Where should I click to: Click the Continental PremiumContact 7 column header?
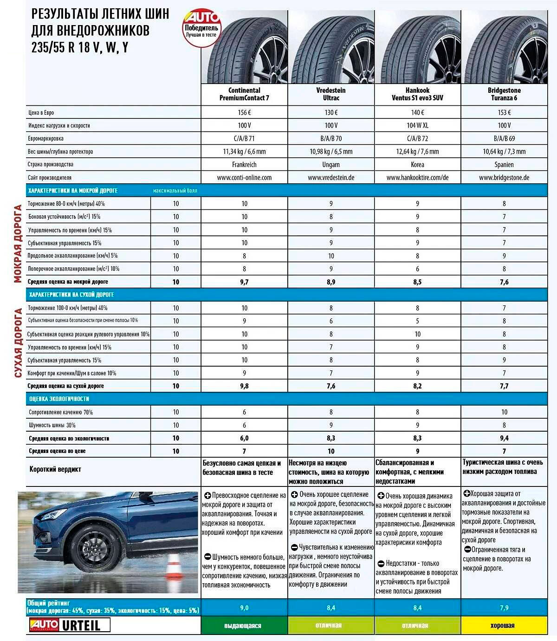click(x=244, y=94)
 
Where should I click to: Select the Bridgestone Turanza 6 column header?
click(x=504, y=94)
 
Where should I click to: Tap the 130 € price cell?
click(x=331, y=112)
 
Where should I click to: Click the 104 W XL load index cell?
click(x=417, y=125)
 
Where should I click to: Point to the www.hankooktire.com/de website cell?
click(x=417, y=177)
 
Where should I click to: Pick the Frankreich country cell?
click(x=244, y=164)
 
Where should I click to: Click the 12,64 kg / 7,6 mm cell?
click(x=417, y=151)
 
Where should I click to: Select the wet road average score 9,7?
click(x=244, y=282)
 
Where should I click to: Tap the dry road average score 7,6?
click(x=331, y=386)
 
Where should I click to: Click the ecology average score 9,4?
click(x=504, y=438)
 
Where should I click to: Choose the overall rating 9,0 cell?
click(x=244, y=608)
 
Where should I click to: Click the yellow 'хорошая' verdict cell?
click(x=504, y=625)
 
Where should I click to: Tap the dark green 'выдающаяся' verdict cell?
click(x=244, y=625)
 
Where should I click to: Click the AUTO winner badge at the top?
click(x=201, y=28)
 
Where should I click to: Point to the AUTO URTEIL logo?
click(x=70, y=625)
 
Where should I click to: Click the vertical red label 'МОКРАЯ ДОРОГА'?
click(x=18, y=243)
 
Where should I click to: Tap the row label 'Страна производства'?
click(x=51, y=164)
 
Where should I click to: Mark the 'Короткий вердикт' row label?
click(x=55, y=469)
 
